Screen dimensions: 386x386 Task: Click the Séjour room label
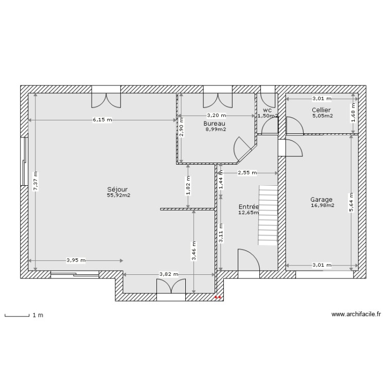118,189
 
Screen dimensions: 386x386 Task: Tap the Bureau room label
214,124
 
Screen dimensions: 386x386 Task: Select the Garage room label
321,200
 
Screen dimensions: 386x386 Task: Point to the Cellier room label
321,110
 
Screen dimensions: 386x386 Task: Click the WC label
267,111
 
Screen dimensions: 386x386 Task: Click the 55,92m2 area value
118,196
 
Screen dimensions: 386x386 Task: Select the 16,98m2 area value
322,206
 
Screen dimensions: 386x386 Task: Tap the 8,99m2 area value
215,130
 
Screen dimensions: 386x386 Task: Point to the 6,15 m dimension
102,120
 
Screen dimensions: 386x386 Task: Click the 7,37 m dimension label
35,182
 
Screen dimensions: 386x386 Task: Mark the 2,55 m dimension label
247,173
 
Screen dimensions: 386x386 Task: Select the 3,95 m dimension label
76,260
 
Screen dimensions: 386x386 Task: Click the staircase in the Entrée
267,215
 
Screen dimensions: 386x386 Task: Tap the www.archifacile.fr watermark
356,314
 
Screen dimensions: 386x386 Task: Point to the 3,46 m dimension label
194,252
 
